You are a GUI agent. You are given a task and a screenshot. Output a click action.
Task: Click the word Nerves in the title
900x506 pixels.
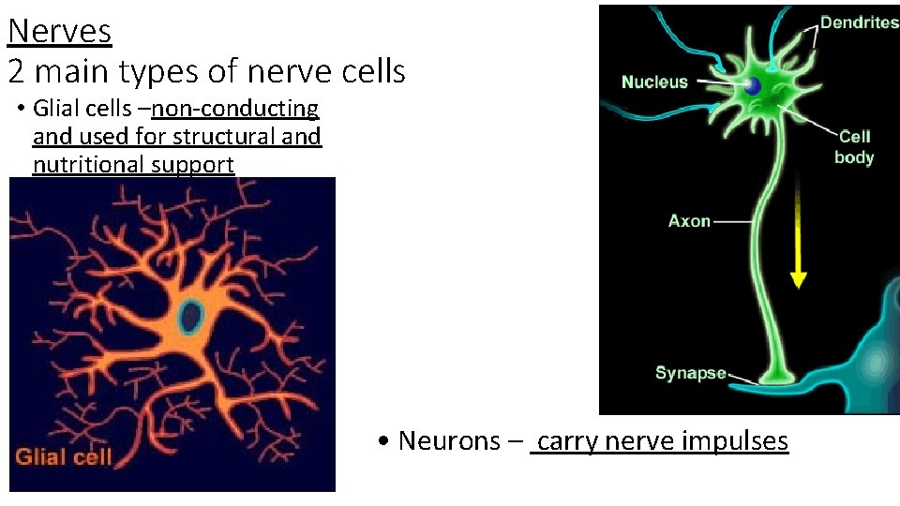60,32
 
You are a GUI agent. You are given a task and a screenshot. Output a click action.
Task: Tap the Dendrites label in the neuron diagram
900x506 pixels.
859,22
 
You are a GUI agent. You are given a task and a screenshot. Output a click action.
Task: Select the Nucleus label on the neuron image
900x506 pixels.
654,82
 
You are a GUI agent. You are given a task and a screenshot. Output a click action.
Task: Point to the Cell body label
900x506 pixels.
854,147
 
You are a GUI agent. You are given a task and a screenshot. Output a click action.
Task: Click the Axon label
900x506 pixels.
689,221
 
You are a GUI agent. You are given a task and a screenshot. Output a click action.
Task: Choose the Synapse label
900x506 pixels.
690,373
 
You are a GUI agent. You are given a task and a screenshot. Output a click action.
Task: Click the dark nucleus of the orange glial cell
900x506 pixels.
191,317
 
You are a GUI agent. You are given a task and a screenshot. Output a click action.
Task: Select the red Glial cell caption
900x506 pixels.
63,457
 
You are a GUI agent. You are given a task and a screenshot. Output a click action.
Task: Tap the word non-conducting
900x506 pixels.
234,109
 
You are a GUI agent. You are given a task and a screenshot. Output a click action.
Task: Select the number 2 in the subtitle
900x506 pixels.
17,70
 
